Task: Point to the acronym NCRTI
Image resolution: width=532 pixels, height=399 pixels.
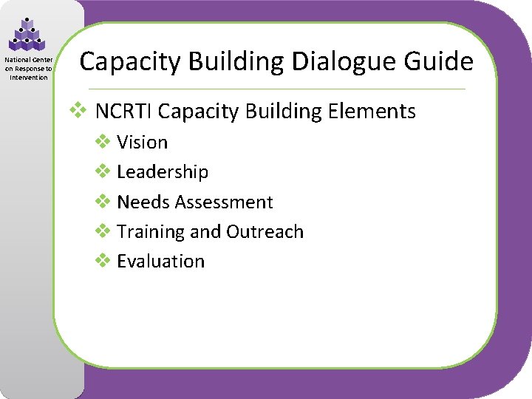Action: [x=124, y=112]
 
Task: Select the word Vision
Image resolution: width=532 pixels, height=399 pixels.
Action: [x=143, y=143]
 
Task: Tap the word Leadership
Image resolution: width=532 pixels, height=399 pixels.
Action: [x=163, y=172]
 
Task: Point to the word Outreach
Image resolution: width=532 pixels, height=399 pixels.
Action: [x=265, y=232]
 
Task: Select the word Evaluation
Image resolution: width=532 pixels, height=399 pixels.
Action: [x=161, y=262]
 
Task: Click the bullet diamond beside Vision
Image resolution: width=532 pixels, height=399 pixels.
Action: [x=103, y=142]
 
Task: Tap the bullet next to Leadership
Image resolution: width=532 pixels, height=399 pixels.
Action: [x=103, y=171]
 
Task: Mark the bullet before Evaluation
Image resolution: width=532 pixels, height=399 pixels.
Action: [x=103, y=261]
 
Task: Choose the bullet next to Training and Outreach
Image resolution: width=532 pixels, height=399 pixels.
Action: [x=103, y=231]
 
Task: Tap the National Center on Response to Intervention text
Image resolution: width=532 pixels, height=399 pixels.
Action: [x=27, y=69]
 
